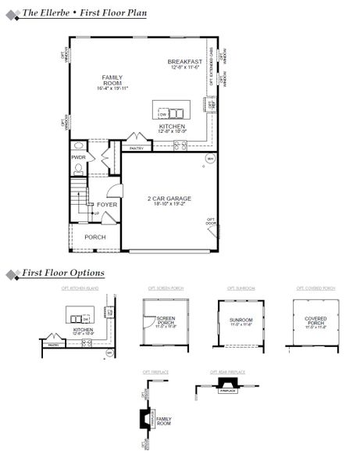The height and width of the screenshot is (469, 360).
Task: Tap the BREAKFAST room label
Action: coord(185,61)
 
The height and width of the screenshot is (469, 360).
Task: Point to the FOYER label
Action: coord(107,205)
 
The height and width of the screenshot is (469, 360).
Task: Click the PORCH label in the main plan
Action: coord(95,237)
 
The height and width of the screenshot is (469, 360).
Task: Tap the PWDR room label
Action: coord(78,157)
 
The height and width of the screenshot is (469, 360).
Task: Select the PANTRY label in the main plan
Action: coord(135,147)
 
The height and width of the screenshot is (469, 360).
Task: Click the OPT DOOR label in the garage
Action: coord(211,223)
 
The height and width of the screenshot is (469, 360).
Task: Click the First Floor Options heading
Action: coord(62,273)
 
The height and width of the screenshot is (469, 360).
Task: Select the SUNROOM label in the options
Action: coord(241,320)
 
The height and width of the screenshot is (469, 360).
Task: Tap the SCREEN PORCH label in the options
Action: coord(165,321)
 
